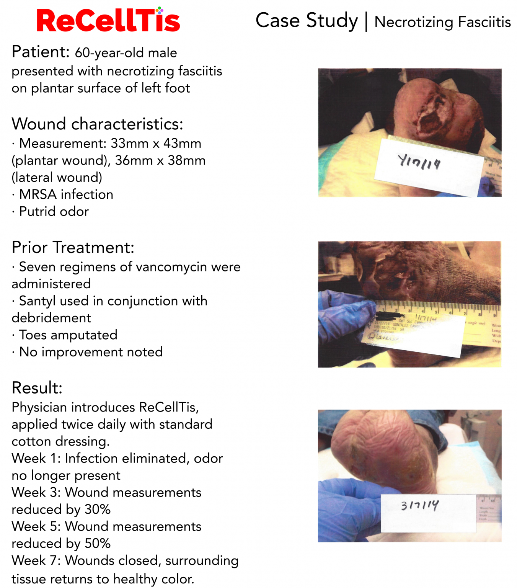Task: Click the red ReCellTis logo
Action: [x=108, y=20]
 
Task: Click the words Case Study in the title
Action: [x=307, y=20]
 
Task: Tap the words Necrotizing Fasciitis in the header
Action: [x=442, y=22]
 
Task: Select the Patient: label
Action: [x=40, y=52]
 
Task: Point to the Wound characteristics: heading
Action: [x=97, y=124]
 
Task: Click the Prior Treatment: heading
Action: [x=73, y=247]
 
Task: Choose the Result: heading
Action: [x=37, y=388]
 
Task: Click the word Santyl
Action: [x=37, y=301]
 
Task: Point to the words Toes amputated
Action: [x=68, y=335]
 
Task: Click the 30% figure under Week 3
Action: [x=97, y=510]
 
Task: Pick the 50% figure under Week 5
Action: [x=97, y=544]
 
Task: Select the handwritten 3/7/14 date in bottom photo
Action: [x=419, y=506]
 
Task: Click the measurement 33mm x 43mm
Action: [x=156, y=144]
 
